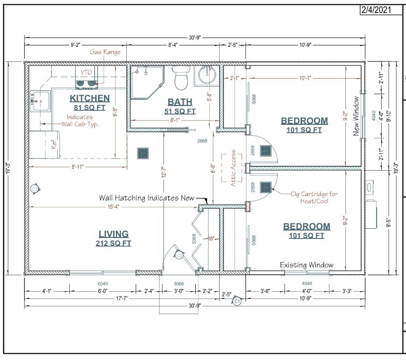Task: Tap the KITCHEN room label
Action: pos(90,99)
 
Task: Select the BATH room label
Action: pos(180,102)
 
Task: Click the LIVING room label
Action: pos(113,234)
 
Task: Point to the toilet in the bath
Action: pos(181,78)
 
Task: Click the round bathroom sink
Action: pos(207,74)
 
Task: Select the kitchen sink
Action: pos(40,101)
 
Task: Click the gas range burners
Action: pos(86,83)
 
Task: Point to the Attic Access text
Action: pos(233,168)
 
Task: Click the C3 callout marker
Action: pos(35,189)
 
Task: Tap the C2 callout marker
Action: pos(179,256)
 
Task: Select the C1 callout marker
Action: pos(237,301)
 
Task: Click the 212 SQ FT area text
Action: pos(113,243)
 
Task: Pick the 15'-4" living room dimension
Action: pos(113,207)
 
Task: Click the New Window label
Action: pos(356,116)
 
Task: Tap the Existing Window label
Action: pos(306,265)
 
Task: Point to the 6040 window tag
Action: pos(103,284)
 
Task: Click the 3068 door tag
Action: pos(179,284)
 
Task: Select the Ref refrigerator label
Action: pos(54,144)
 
